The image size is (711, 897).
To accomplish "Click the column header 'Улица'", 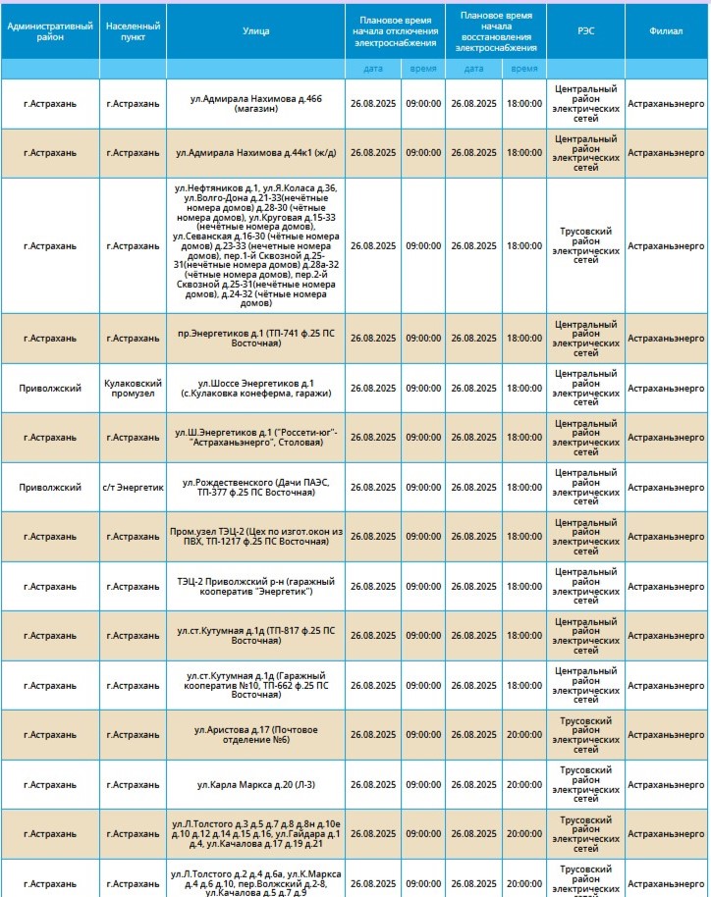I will coord(255,31).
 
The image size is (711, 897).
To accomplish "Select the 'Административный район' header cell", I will coord(50,31).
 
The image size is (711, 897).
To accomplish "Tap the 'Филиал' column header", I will coord(667,31).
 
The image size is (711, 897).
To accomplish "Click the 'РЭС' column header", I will coord(585,31).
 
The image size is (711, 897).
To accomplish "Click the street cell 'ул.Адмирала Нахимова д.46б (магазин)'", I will coord(255,103).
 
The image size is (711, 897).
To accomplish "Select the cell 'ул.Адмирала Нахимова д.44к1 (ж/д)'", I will coord(255,153).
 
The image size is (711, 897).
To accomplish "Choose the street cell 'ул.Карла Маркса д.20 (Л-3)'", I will coord(255,784).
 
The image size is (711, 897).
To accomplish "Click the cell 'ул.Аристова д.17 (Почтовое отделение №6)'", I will coord(255,734).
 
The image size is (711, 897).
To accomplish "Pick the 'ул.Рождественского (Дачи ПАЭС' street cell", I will coord(255,487).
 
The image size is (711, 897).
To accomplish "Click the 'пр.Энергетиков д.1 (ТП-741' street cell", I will coord(255,339).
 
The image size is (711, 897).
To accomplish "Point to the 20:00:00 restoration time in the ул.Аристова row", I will coord(523,734).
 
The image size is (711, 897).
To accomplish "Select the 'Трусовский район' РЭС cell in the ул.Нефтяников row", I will coord(585,245).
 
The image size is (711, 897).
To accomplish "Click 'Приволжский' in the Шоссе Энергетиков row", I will coord(50,388).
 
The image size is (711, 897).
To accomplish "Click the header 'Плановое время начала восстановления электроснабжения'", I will coord(495,31).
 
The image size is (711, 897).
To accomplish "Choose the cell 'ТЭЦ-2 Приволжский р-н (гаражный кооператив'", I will coord(255,586).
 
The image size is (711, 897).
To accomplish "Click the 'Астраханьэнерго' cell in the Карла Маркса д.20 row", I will coord(667,784).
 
